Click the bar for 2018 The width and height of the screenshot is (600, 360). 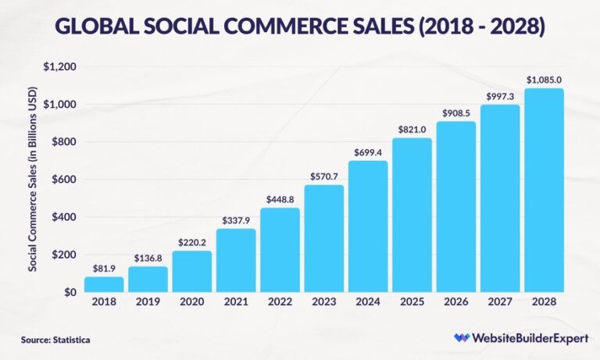coord(104,284)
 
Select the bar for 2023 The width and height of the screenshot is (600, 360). coord(324,238)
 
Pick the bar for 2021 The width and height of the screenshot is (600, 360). coord(236,260)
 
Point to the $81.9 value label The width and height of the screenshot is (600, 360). coord(104,268)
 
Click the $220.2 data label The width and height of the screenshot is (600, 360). coord(192,241)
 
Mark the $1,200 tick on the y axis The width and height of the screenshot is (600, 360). coord(59,67)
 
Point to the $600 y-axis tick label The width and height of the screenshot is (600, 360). coord(62,180)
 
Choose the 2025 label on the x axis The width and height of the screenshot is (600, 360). coord(412,302)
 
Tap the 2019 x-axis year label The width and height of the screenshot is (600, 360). coord(148,302)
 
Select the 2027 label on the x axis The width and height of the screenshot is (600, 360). coord(500,302)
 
